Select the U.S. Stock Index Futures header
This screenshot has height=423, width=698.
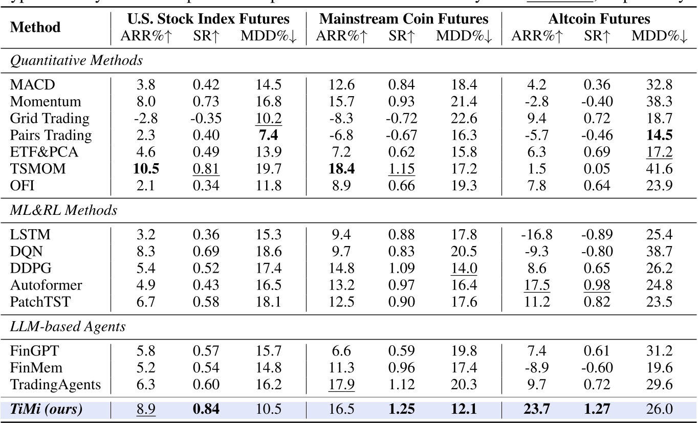pos(208,19)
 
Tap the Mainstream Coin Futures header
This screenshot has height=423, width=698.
pos(404,19)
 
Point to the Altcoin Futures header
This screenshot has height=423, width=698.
pos(599,19)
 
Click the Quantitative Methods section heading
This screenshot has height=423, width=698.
pos(77,60)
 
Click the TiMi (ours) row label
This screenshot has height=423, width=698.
pos(46,409)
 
